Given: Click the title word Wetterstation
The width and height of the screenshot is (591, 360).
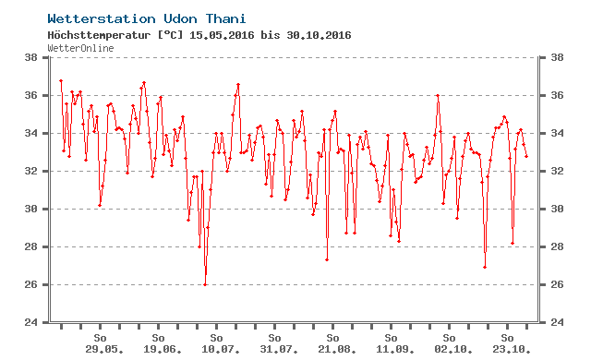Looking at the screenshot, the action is click(x=102, y=18).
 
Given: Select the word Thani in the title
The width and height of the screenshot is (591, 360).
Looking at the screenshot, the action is click(x=225, y=18).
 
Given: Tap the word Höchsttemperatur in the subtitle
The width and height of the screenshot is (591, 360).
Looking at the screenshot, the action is click(x=99, y=35).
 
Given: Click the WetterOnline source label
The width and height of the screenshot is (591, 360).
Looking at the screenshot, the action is click(x=80, y=48).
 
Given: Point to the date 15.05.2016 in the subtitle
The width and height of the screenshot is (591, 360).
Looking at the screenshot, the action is click(x=222, y=35).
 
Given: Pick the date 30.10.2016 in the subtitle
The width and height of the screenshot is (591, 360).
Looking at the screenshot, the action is click(x=319, y=35).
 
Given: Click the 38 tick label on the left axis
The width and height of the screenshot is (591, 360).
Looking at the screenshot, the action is click(x=30, y=57).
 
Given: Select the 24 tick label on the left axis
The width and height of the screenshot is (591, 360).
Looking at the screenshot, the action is click(x=30, y=322).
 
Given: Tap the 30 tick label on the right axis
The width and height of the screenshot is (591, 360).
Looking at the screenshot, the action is click(x=557, y=209).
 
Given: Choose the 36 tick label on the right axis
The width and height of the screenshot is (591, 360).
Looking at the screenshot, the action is click(x=557, y=95).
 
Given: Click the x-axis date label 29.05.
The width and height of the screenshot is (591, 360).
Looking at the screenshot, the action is click(x=104, y=350).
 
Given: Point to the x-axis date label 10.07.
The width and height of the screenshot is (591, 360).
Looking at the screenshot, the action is click(x=221, y=350).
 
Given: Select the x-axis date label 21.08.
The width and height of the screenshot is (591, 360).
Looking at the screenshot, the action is click(x=337, y=350).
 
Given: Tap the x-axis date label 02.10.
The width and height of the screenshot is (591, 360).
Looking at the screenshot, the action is click(x=453, y=350).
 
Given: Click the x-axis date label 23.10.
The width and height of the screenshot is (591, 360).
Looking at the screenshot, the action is click(x=512, y=350).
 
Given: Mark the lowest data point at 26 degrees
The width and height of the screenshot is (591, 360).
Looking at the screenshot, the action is click(x=205, y=284).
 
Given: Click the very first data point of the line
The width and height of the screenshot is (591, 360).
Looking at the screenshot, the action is click(x=61, y=80).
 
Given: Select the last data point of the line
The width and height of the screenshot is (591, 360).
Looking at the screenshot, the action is click(x=526, y=156).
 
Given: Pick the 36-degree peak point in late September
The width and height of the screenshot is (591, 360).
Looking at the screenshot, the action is click(x=438, y=96).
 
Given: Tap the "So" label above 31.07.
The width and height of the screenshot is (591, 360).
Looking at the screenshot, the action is click(x=274, y=338).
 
